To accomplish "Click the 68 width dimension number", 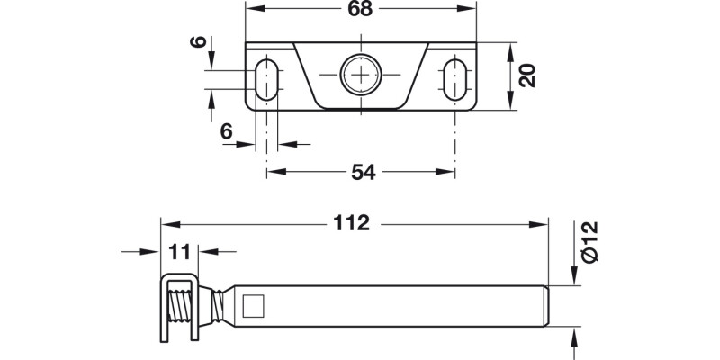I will [360, 10].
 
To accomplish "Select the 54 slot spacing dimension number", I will [360, 172].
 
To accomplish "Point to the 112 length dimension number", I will [351, 222].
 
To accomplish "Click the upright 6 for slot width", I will [227, 131].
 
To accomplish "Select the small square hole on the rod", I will [255, 307].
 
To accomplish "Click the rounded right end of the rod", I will [544, 307].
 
